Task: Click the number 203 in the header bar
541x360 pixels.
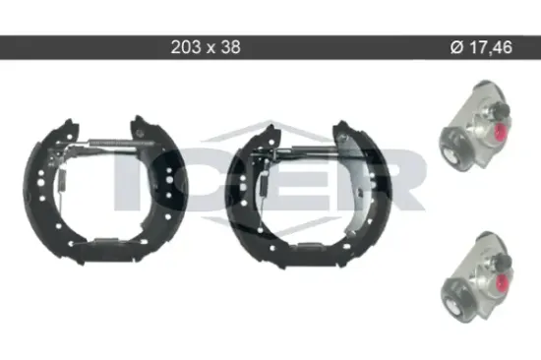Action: point(186,47)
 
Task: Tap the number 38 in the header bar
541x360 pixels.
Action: point(230,47)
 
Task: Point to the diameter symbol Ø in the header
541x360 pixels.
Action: point(456,47)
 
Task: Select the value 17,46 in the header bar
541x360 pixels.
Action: point(491,47)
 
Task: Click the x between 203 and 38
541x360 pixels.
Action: point(210,48)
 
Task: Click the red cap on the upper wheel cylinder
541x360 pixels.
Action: point(501,132)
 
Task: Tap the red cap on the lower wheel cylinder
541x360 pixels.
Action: point(503,282)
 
